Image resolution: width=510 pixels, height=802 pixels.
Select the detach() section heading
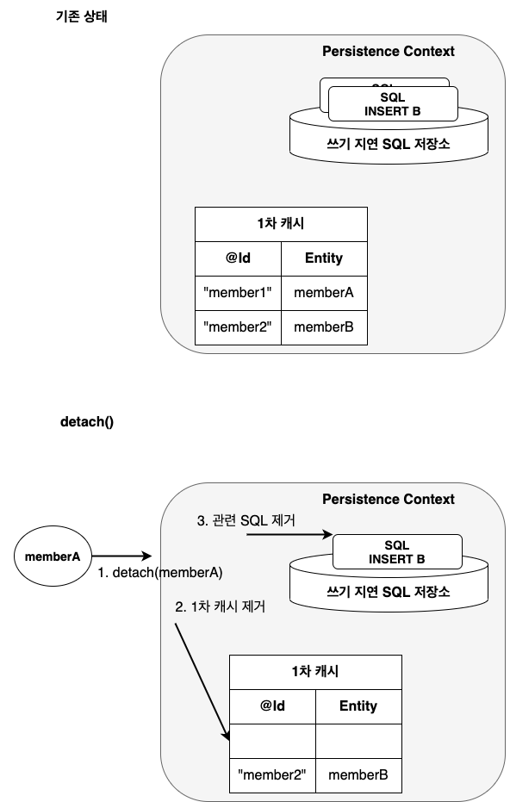pos(86,422)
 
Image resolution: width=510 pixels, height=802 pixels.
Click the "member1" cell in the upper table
pos(238,293)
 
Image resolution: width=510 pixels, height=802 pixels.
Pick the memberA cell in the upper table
pos(324,293)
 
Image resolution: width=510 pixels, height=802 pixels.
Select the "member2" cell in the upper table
pos(238,327)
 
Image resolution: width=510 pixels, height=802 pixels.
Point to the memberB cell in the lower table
pos(358,775)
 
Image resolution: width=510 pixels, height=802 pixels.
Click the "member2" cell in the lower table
pos(272,775)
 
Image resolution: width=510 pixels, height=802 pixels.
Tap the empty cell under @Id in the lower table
pos(272,741)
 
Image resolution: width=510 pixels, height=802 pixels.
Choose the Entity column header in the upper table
pos(324,258)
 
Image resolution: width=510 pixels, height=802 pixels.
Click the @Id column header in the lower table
pos(272,706)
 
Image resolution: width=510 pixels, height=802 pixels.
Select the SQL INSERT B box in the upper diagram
pos(391,105)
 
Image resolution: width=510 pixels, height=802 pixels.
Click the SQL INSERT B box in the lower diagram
pos(396,552)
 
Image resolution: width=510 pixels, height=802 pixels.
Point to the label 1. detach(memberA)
pos(159,572)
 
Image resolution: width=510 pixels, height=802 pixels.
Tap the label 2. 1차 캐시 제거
pos(220,606)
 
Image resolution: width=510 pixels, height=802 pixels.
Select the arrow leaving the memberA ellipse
pos(121,556)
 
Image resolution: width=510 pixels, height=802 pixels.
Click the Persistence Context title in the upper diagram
pos(388,52)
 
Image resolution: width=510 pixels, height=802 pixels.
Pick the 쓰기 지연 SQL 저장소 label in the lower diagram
pos(388,593)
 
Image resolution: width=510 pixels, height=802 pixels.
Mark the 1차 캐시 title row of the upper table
pos(281,224)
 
